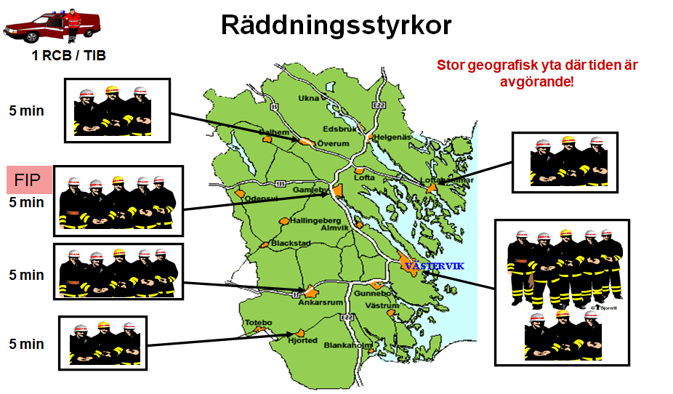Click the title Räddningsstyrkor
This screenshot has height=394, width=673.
336,25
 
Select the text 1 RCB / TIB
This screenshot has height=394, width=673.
69,55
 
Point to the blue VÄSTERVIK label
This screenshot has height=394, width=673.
434,266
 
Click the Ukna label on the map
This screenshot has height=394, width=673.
309,98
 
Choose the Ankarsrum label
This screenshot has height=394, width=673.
321,302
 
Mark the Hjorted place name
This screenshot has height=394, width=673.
302,339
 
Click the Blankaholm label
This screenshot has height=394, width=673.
348,345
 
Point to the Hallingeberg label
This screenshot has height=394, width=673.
310,220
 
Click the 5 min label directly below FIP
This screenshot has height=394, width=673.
26,203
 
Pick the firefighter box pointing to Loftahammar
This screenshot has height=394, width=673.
564,162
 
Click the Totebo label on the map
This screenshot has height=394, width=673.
258,322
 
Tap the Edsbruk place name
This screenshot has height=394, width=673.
347,129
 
